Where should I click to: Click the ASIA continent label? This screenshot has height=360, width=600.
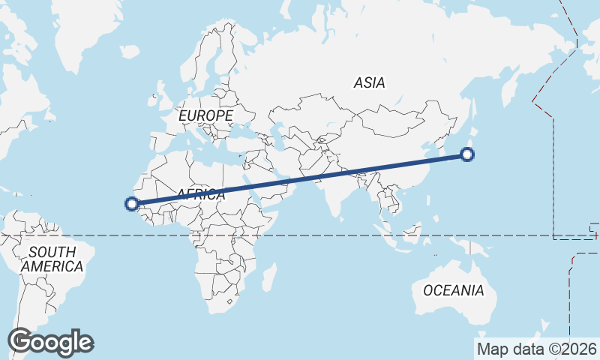[370, 82]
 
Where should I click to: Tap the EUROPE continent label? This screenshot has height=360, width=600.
[205, 115]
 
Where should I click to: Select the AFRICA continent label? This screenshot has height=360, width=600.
[200, 195]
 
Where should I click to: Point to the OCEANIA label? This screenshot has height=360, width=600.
[454, 290]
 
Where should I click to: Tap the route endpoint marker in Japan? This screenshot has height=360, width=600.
[467, 155]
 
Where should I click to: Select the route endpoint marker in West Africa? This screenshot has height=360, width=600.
[131, 203]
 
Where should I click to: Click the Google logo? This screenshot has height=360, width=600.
[50, 342]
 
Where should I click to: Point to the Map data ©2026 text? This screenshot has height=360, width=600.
[537, 349]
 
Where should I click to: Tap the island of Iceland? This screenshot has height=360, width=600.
[128, 52]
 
